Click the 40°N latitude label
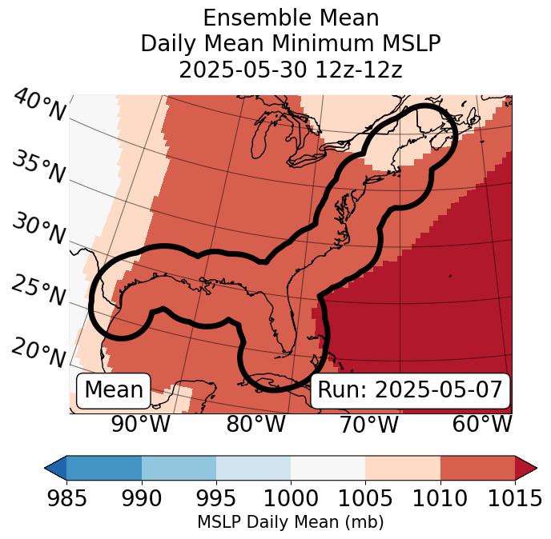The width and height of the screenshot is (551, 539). pos(39,105)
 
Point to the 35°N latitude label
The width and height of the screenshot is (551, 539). pos(38,167)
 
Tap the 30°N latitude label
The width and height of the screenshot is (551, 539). pos(38,230)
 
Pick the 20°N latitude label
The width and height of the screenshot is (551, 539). pos(38,353)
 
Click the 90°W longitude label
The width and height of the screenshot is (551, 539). pos(141,425)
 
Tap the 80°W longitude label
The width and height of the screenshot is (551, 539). pos(256,425)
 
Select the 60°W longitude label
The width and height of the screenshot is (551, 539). pos(482,425)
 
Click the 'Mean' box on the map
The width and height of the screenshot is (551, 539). pos(114,390)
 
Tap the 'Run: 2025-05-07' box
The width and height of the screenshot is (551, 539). pos(410,390)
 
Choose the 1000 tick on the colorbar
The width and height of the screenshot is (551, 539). pos(291,498)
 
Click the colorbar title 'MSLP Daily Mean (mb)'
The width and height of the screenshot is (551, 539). pos(290,522)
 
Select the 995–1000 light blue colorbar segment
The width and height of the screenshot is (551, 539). pos(253,468)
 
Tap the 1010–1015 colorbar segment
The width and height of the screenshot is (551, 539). pos(477,468)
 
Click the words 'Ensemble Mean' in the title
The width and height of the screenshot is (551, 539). pos(290,18)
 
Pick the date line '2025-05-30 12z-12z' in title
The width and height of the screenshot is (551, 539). pos(290,70)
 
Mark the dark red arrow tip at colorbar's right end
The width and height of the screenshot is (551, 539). pos(527,468)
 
